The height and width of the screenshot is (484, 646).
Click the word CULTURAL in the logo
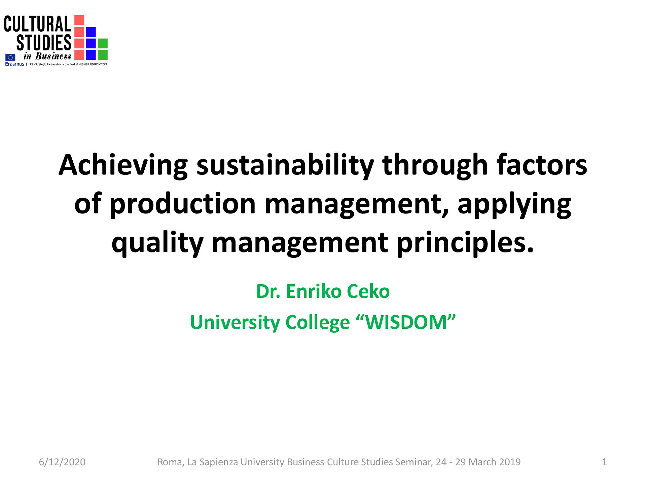37,24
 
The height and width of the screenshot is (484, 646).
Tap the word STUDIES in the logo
44,43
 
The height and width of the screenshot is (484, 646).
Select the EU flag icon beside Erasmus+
10,57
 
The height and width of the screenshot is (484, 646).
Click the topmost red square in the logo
79,20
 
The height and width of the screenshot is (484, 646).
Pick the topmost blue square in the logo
91,32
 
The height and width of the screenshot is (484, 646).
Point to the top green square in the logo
103,43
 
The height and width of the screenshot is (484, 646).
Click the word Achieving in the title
123,166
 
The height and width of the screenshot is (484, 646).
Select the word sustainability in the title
285,166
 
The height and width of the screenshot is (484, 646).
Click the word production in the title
183,204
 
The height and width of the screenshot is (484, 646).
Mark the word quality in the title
157,243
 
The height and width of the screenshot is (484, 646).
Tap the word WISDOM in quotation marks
406,322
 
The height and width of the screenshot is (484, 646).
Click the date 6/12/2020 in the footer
62,462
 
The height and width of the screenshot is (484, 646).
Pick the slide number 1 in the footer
604,462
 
